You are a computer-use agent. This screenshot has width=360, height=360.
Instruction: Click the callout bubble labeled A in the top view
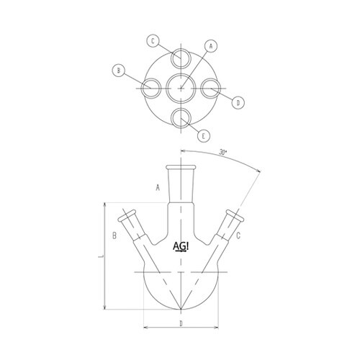pyautogui.click(x=210, y=45)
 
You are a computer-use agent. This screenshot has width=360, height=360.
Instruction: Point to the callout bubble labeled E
pyautogui.click(x=205, y=135)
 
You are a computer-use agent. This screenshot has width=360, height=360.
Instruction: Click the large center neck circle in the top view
pyautogui.click(x=180, y=89)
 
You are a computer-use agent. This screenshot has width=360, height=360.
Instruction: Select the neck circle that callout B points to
pyautogui.click(x=150, y=89)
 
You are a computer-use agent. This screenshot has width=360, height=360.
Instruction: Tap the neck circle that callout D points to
pyautogui.click(x=210, y=89)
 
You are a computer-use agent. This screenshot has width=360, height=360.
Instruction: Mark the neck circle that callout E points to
pyautogui.click(x=180, y=119)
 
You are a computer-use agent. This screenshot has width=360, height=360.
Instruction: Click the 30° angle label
pyautogui.click(x=223, y=153)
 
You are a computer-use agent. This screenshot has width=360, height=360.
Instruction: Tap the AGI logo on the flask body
pyautogui.click(x=181, y=247)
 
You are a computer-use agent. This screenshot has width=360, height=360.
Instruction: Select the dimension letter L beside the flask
pyautogui.click(x=101, y=255)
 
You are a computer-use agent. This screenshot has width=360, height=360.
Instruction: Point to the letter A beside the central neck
pyautogui.click(x=156, y=189)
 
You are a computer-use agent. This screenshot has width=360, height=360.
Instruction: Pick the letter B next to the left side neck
pyautogui.click(x=114, y=235)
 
